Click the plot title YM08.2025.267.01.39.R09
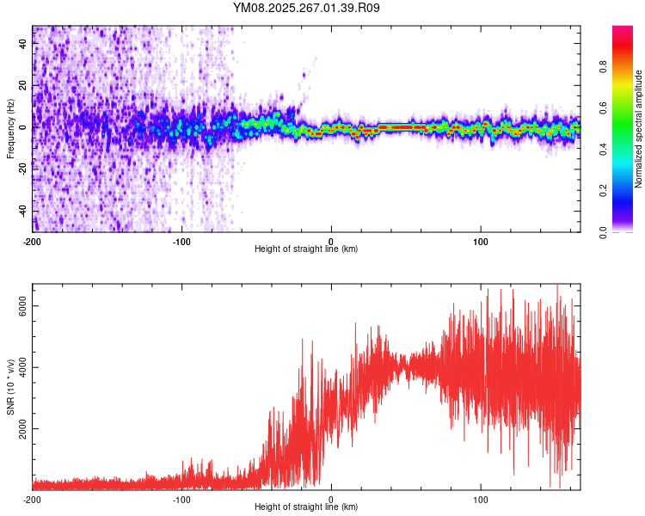[307, 8]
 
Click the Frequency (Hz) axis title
[10, 129]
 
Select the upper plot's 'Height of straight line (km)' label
[306, 249]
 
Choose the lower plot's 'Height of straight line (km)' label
[306, 507]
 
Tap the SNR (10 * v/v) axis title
[10, 387]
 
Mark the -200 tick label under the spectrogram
[34, 241]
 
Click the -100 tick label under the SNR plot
[182, 499]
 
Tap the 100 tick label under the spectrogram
[482, 241]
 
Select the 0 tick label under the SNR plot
[332, 499]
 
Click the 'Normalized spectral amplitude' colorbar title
[638, 129]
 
